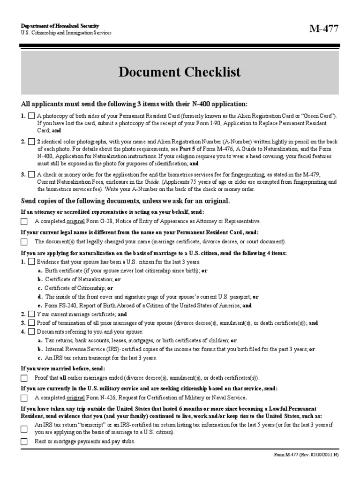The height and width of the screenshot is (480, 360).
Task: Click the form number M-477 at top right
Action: click(x=323, y=29)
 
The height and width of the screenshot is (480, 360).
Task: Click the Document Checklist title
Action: click(x=180, y=72)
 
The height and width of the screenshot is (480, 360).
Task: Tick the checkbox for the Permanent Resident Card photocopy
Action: click(x=31, y=115)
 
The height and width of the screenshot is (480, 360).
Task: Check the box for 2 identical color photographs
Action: click(x=31, y=142)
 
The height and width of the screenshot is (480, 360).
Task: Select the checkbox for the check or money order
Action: click(x=31, y=175)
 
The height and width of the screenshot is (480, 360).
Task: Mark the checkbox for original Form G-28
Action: click(x=24, y=221)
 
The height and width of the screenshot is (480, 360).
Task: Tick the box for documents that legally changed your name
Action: click(x=24, y=242)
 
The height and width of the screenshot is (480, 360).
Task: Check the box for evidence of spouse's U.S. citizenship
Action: click(x=31, y=262)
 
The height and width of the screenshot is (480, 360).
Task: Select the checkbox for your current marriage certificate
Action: click(x=31, y=314)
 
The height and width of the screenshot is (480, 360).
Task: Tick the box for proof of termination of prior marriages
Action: click(x=31, y=323)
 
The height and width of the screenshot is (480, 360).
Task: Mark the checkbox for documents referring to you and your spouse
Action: click(x=31, y=332)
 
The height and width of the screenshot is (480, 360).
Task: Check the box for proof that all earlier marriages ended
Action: click(x=24, y=378)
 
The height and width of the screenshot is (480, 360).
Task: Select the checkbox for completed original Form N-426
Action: click(x=24, y=398)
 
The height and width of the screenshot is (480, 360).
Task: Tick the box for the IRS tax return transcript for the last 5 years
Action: click(x=24, y=428)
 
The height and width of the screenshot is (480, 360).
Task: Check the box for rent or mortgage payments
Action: click(x=24, y=442)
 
